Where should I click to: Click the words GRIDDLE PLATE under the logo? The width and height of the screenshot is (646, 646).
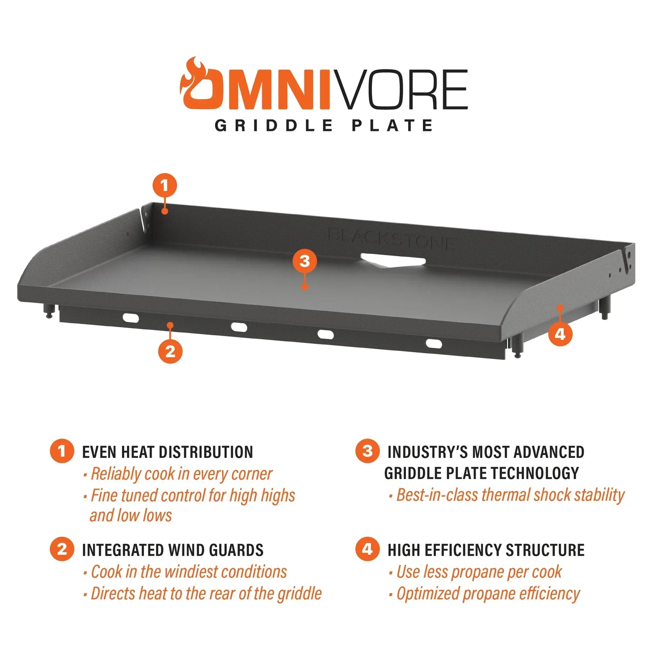tap(324, 125)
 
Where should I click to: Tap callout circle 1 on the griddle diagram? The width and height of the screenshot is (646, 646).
tap(165, 186)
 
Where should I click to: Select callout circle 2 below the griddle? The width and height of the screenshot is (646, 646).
tap(170, 351)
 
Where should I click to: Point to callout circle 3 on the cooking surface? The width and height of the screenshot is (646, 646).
tap(304, 261)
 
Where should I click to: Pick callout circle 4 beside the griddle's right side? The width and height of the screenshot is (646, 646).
tap(560, 334)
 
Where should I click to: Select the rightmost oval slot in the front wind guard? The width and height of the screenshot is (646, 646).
tap(434, 343)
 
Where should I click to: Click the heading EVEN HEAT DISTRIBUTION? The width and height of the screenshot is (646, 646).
tap(168, 452)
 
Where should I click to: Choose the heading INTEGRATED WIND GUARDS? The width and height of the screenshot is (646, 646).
tap(173, 550)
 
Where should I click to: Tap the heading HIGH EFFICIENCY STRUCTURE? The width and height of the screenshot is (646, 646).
tap(486, 550)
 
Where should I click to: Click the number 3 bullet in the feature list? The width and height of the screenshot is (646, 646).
tap(367, 451)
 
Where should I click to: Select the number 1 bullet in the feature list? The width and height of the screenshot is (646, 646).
tap(62, 451)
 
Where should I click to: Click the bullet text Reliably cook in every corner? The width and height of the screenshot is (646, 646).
tap(182, 474)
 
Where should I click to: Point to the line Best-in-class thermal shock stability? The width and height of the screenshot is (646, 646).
tap(510, 495)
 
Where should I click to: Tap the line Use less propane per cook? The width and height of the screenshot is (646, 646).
tap(479, 572)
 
